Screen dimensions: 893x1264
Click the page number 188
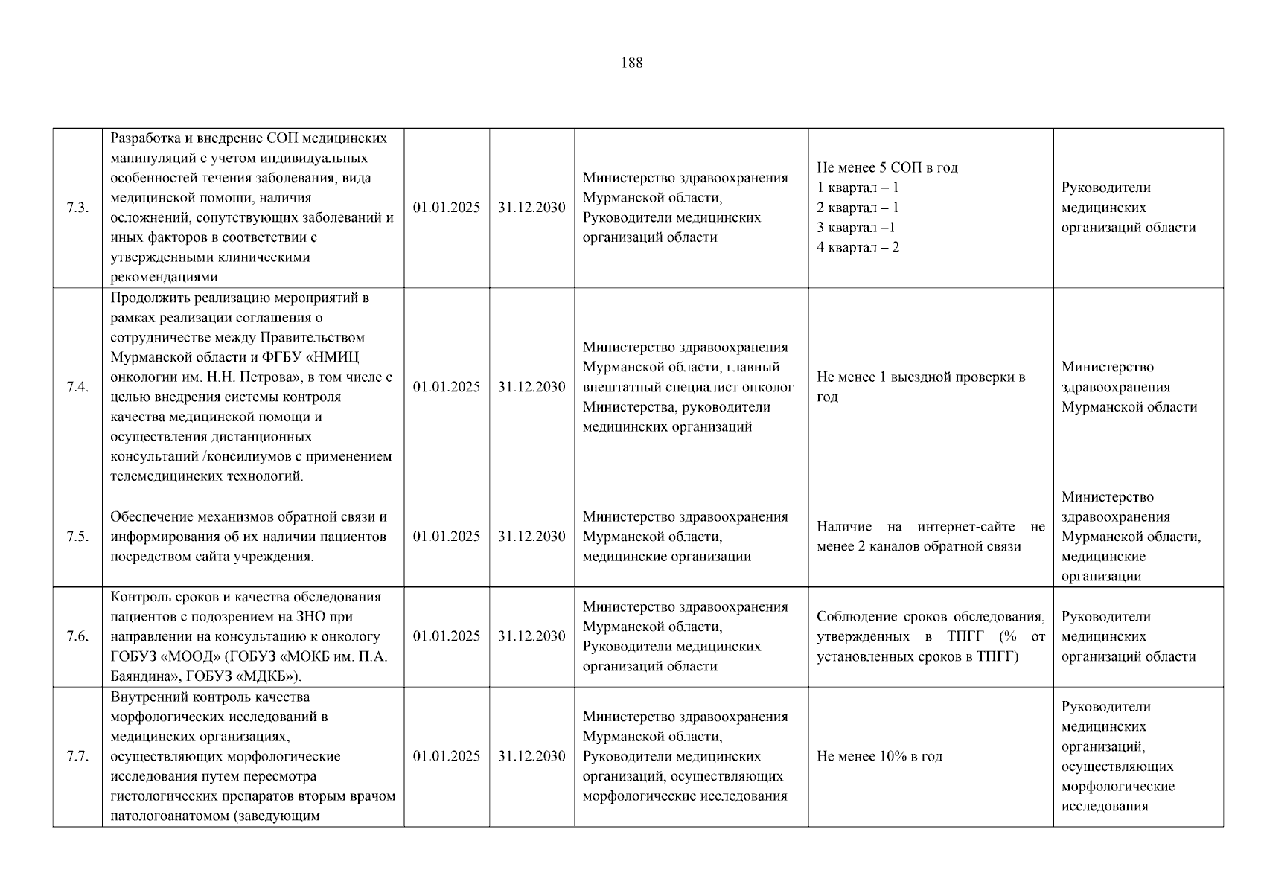click(x=631, y=63)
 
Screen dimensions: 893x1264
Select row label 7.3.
click(x=77, y=208)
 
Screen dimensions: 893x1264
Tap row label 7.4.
click(x=77, y=387)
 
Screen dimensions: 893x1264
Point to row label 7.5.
click(x=77, y=537)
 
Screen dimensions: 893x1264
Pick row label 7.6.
click(x=77, y=636)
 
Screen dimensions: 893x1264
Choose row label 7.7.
click(x=77, y=756)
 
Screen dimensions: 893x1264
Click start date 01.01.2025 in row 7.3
click(x=447, y=208)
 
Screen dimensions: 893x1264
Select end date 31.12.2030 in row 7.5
click(x=532, y=537)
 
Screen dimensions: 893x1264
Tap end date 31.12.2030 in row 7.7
click(x=532, y=756)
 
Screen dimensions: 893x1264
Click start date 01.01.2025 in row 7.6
click(x=447, y=636)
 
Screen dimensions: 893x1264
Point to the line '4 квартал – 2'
click(x=858, y=247)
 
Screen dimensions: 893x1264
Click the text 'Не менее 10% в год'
click(x=879, y=756)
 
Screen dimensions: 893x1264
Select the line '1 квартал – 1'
click(x=858, y=188)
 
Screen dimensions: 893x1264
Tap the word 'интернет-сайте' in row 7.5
click(x=965, y=527)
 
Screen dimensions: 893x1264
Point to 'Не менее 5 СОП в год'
click(x=887, y=167)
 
